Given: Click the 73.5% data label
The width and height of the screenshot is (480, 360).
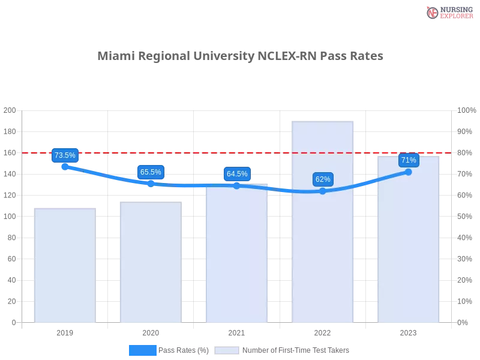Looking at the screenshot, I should coord(65,155).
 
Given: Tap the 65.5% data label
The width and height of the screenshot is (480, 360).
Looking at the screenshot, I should coord(150,172).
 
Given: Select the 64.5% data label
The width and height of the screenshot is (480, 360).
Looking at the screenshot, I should coord(237,174).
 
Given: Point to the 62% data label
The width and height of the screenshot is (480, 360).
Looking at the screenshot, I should coord(323,179).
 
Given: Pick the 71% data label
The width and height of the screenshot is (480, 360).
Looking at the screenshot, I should coord(409,160).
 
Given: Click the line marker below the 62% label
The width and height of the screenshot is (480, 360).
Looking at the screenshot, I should coord(323,191).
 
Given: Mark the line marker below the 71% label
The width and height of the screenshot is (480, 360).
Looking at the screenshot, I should coord(409,172).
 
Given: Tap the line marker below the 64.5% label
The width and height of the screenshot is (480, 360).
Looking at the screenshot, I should coord(236,186).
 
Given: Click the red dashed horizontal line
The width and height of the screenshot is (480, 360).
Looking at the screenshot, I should coord(180,152).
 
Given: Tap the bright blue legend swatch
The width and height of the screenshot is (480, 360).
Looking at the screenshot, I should coord(142,350).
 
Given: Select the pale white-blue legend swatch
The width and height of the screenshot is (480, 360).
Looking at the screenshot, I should coord(227,350).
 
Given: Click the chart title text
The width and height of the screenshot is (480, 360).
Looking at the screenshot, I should coord(240,56).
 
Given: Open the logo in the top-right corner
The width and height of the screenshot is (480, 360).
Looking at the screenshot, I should coord(448,12).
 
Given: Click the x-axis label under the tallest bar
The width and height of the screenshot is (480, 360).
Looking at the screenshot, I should coord(322,331).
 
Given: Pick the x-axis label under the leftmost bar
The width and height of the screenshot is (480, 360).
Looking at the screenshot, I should coord(65,331).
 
